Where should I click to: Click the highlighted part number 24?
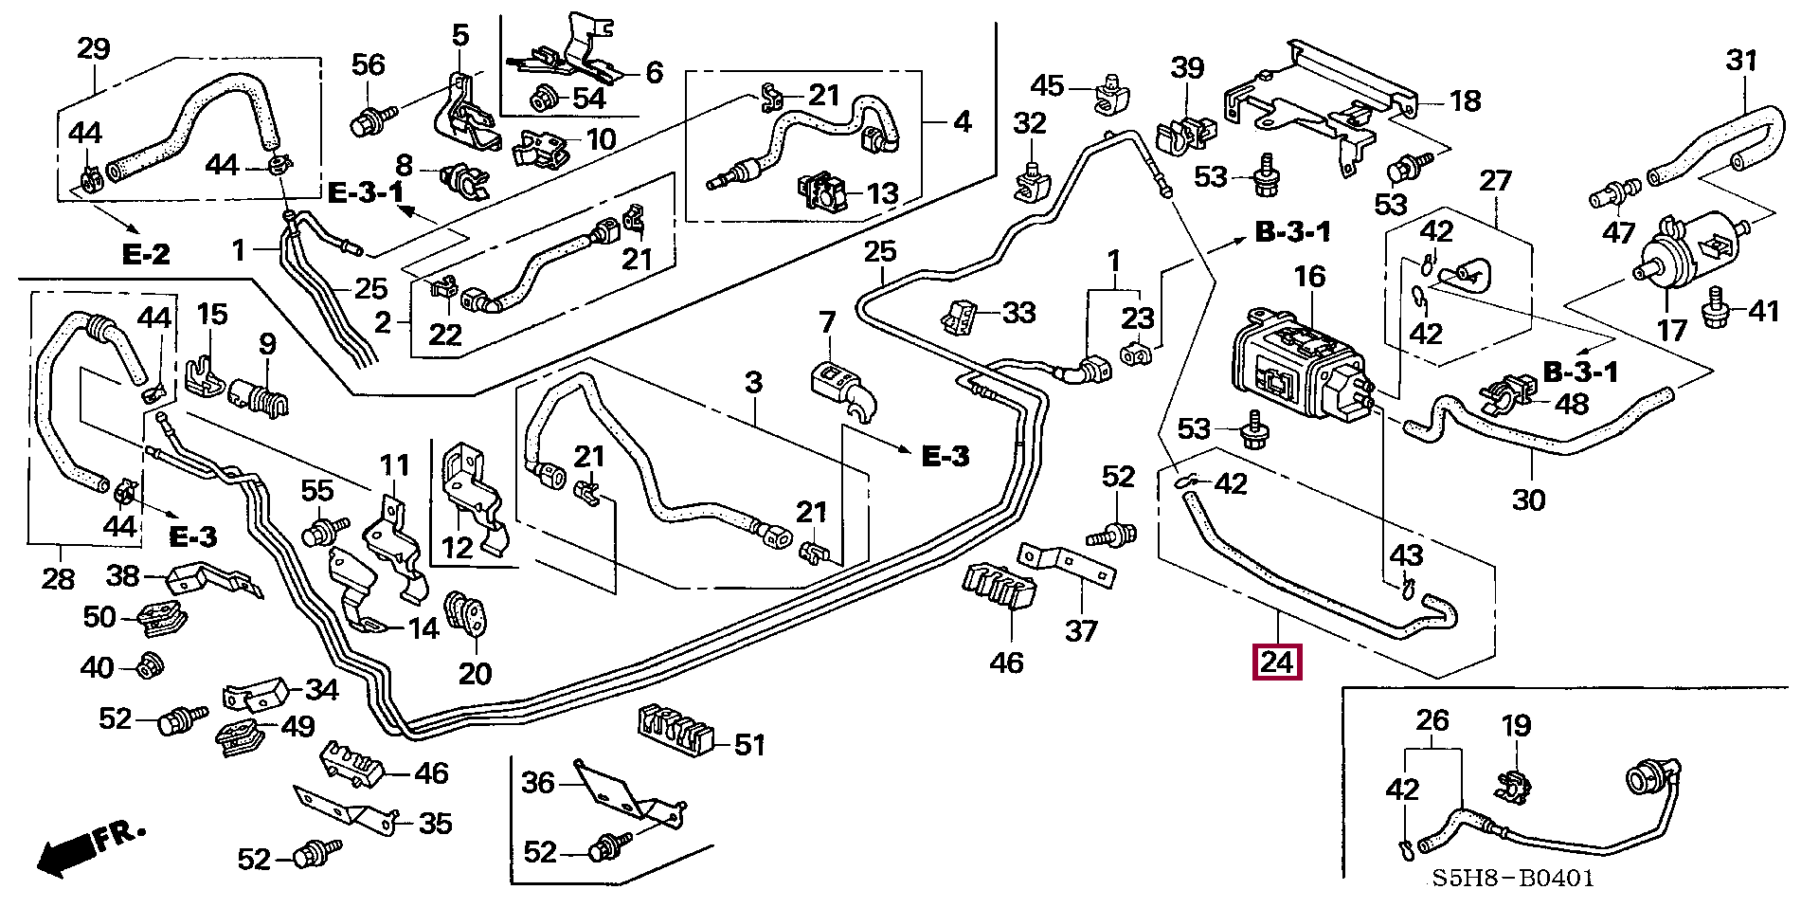pos(1277,662)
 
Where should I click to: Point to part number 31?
pos(1741,61)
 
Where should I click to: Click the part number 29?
pos(93,49)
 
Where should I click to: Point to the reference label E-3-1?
pos(366,193)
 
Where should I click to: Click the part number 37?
pos(1082,630)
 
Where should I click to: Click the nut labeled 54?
pos(547,96)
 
